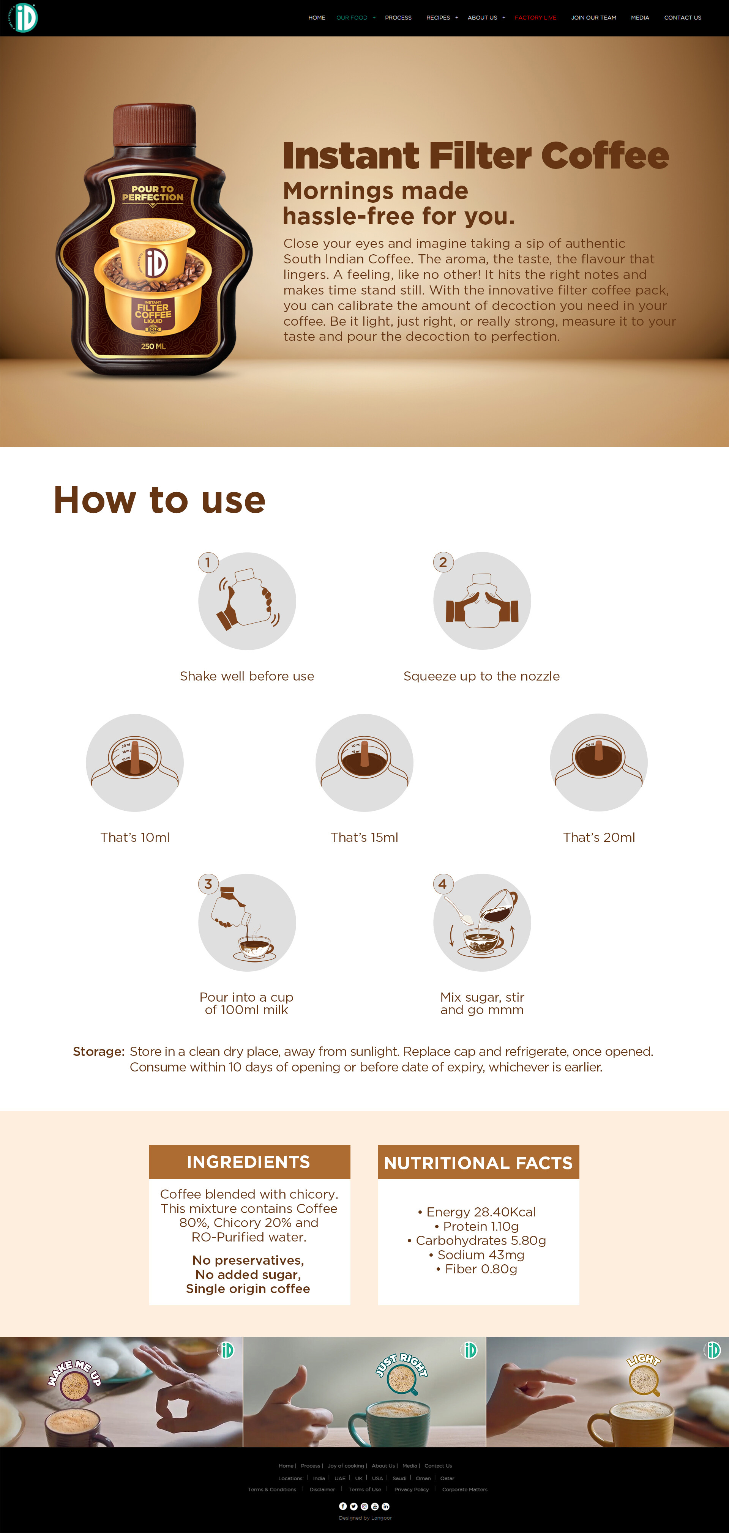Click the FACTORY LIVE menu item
click(535, 18)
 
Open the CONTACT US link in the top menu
click(682, 18)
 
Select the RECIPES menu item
click(438, 18)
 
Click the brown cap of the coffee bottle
click(154, 124)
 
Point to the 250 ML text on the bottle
click(153, 346)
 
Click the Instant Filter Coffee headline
click(475, 156)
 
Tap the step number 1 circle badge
click(208, 562)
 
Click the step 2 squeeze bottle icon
click(482, 601)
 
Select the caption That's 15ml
click(364, 837)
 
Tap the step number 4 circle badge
click(443, 884)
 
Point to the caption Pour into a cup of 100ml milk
click(246, 1004)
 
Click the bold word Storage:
click(98, 1052)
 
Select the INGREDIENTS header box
click(249, 1162)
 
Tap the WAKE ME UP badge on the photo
click(75, 1378)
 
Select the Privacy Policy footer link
click(411, 1490)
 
